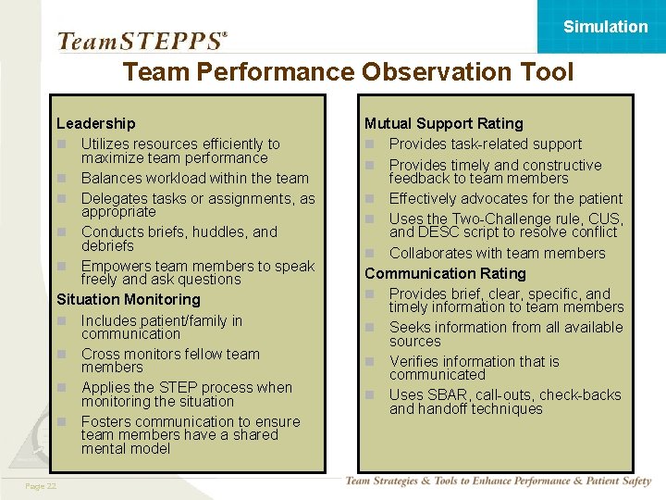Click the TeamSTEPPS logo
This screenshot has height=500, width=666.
coord(142,41)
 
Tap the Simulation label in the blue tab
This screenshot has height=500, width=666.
coord(606,27)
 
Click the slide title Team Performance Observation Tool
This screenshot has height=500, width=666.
coord(348,72)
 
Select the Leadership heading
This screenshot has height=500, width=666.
coord(95,123)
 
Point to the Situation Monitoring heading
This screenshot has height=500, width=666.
coord(128,299)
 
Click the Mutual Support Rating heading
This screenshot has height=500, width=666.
coord(443,123)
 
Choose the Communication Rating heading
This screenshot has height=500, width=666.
coord(445,273)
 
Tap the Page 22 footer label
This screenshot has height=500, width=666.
coord(41,486)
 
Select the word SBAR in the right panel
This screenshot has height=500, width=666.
coord(447,395)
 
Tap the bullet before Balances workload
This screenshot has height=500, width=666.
coord(62,179)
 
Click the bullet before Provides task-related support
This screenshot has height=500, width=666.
coord(370,144)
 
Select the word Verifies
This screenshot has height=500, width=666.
coord(417,361)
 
